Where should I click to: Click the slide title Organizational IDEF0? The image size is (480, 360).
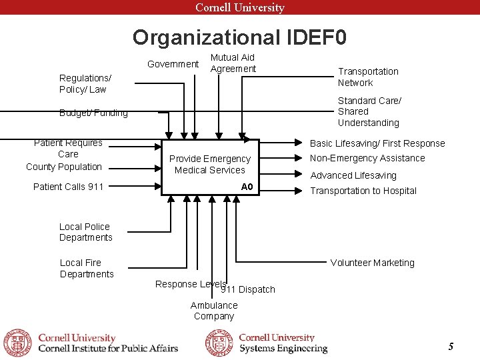[x=239, y=37]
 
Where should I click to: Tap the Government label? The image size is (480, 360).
[x=173, y=64]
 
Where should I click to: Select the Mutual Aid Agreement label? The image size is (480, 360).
[x=233, y=63]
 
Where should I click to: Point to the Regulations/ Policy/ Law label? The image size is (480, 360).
[x=85, y=83]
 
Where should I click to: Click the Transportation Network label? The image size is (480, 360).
[x=368, y=77]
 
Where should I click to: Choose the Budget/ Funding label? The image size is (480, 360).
[x=93, y=113]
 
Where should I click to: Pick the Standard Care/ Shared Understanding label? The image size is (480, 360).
[x=369, y=111]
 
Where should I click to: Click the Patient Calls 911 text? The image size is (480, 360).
[x=68, y=187]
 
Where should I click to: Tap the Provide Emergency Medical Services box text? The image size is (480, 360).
[x=209, y=164]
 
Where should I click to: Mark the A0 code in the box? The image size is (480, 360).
[x=247, y=187]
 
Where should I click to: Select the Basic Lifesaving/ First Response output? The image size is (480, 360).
[x=377, y=143]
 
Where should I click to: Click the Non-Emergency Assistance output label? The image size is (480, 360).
[x=367, y=158]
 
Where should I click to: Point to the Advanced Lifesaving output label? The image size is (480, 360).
[x=353, y=175]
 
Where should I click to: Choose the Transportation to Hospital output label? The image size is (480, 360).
[x=363, y=191]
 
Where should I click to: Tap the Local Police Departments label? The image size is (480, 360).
[x=85, y=232]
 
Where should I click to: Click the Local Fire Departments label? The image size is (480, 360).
[x=87, y=268]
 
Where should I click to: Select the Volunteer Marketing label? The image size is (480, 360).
[x=372, y=263]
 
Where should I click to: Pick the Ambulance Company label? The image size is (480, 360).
[x=214, y=311]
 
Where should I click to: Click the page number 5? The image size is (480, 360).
[x=451, y=346]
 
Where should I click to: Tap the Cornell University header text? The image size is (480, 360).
[x=239, y=7]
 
